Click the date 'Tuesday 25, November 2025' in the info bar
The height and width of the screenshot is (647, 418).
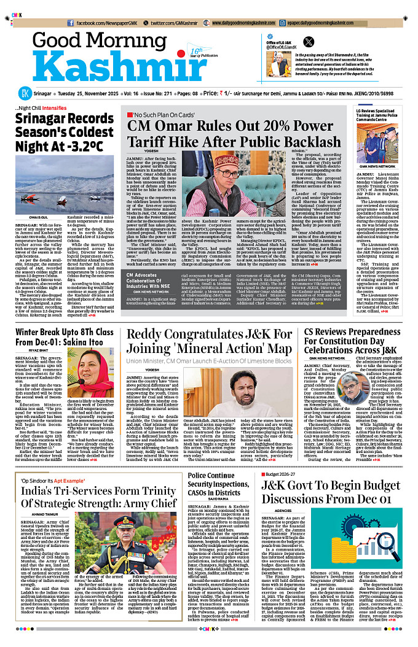coord(92,94)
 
